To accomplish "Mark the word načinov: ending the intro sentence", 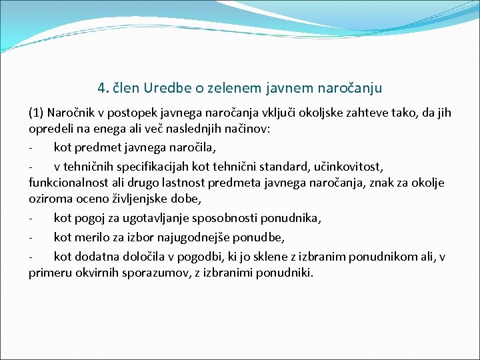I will (245, 129).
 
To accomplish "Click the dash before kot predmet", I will (31, 147).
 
